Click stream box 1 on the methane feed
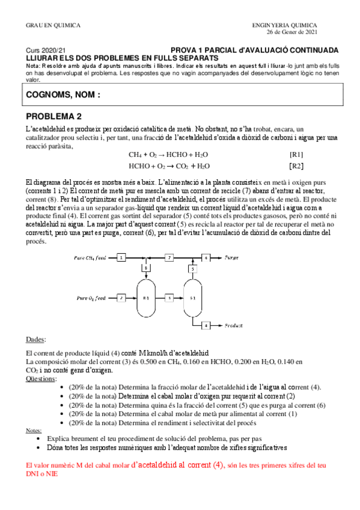point(121,258)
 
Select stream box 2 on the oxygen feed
point(121,297)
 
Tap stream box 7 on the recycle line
point(169,258)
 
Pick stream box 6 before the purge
point(205,258)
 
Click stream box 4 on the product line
point(205,325)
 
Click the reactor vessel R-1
point(145,297)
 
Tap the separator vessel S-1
point(193,297)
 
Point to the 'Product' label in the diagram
point(234,325)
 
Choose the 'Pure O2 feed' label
point(91,297)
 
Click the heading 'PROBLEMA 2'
point(54,116)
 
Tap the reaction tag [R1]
point(296,154)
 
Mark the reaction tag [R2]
point(296,165)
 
